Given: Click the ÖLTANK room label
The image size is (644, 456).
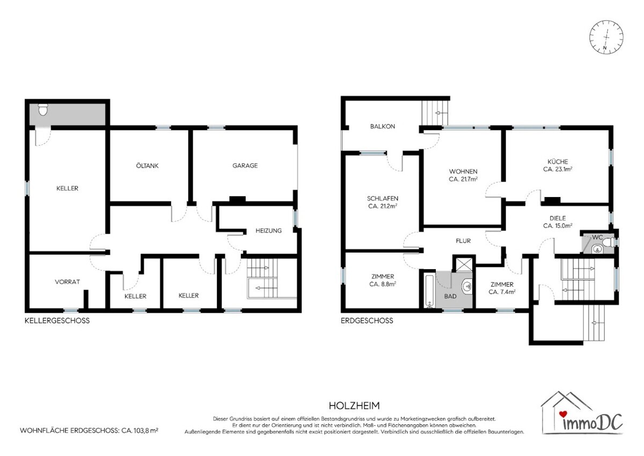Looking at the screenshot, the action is point(147,165).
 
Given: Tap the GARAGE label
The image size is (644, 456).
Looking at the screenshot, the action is point(245,165).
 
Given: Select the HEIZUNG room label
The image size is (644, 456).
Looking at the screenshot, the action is point(268,230).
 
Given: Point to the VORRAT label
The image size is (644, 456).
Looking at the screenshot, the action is point(67,281).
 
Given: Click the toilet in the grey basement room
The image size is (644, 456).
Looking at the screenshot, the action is point(43,110).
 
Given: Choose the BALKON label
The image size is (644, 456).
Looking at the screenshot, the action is point(382,126).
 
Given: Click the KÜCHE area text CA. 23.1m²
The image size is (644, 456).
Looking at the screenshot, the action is point(558,169).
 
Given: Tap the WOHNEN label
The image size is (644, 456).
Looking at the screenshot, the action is point(463,171).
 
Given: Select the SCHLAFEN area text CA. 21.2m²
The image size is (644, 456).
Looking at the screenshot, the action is point(383,206).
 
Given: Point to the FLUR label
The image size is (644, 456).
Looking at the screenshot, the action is point(463,241).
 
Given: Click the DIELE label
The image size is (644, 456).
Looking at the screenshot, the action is point(558,218).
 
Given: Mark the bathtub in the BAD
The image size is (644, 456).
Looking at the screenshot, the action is point(429,291).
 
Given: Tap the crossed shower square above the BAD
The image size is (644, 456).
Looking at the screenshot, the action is point(464,264).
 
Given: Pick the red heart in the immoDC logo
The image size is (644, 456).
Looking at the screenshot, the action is point(563,414).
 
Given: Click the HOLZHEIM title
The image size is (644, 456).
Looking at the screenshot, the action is point(354,406).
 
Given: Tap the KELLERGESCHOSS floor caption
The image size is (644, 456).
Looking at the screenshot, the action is point(57,321).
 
